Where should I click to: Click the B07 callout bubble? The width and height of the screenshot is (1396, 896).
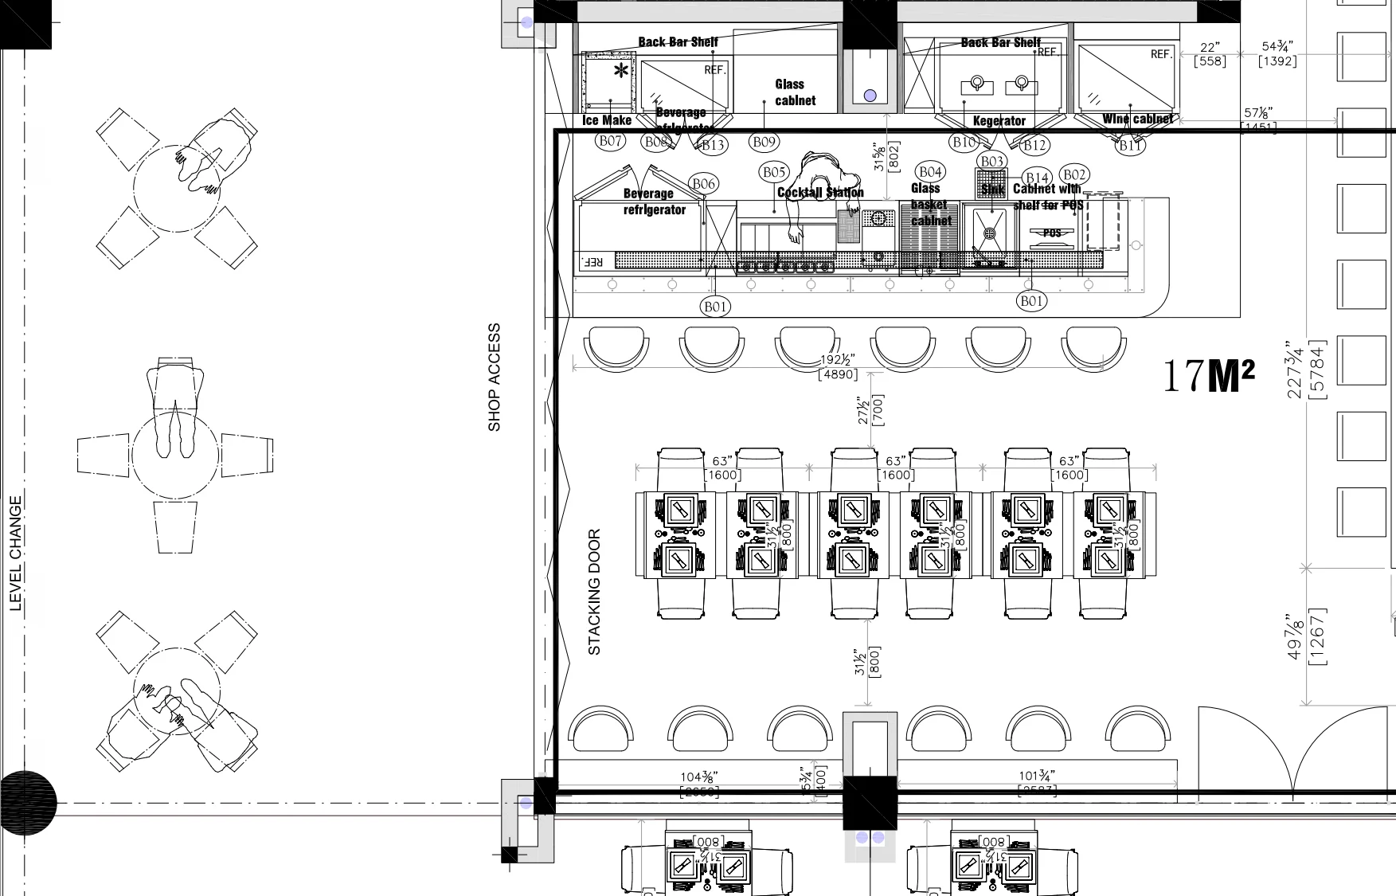(x=611, y=141)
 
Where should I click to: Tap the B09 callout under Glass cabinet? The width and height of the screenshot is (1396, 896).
(x=764, y=142)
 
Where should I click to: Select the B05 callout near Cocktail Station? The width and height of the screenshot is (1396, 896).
(x=774, y=172)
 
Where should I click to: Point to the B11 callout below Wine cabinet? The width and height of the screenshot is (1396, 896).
(x=1131, y=145)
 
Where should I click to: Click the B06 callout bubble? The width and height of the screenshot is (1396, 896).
(x=703, y=184)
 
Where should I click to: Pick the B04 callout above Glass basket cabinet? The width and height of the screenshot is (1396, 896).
(x=929, y=172)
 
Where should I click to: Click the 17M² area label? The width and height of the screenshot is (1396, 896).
(x=1208, y=376)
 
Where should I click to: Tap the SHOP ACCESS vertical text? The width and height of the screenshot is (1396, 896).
(x=495, y=378)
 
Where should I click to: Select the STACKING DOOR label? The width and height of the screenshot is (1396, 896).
(x=594, y=592)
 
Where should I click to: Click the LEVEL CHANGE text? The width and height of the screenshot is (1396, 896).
(x=16, y=554)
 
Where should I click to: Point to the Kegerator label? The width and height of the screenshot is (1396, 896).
(x=999, y=121)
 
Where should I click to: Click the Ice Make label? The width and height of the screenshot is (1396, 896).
(x=607, y=120)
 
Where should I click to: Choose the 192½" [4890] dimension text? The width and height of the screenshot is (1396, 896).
(x=838, y=367)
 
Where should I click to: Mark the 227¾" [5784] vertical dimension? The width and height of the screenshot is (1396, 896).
(x=1306, y=370)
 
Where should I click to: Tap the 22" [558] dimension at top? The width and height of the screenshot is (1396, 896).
(x=1210, y=54)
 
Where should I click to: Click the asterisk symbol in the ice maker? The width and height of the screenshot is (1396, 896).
(x=620, y=72)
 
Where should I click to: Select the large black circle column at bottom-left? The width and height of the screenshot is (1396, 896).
(x=28, y=803)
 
